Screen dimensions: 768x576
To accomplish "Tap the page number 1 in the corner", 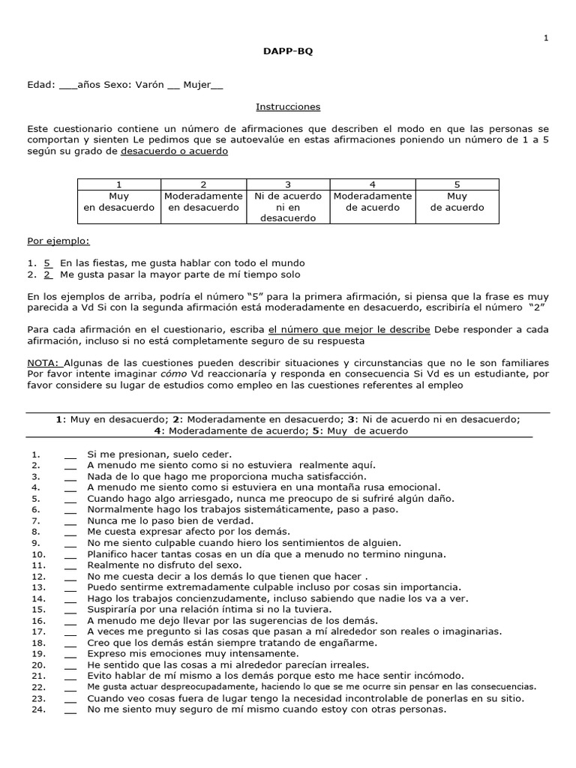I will [546, 38].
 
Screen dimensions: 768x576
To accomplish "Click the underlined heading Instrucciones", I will [288, 107].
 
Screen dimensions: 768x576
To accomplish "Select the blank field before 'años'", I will [67, 86].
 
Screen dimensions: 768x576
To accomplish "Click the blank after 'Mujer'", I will [217, 86].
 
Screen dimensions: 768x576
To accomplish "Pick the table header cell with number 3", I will [288, 184].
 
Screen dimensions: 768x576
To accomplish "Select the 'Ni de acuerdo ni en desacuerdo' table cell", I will [288, 207].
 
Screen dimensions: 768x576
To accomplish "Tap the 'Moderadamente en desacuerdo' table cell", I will [203, 202].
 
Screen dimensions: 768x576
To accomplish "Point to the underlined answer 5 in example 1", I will [48, 263].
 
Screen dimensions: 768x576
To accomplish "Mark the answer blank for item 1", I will [70, 455].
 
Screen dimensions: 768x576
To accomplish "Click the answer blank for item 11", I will [70, 565].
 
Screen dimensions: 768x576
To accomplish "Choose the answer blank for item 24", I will [70, 709].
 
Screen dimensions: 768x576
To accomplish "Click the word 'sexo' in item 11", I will [229, 565].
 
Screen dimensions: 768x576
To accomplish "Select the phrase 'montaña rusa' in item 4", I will [328, 487].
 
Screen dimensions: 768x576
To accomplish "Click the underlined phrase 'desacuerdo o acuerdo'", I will [174, 151].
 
